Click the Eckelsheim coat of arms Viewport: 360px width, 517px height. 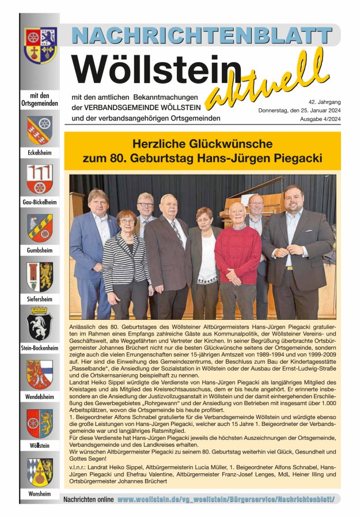pyautogui.click(x=40, y=131)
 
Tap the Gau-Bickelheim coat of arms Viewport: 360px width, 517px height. pyautogui.click(x=40, y=179)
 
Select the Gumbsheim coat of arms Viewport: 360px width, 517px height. pyautogui.click(x=40, y=228)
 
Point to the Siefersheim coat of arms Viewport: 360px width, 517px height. pyautogui.click(x=40, y=277)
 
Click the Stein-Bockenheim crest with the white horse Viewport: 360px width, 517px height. pyautogui.click(x=40, y=324)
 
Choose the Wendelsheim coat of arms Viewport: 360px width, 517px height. pyautogui.click(x=40, y=373)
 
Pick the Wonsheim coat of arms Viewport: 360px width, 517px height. pyautogui.click(x=40, y=471)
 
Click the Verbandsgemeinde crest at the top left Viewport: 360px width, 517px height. pyautogui.click(x=40, y=45)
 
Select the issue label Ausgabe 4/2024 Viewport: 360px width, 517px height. pyautogui.click(x=320, y=119)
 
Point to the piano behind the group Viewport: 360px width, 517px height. pyautogui.click(x=248, y=199)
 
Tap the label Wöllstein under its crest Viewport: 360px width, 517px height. pyautogui.click(x=40, y=446)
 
